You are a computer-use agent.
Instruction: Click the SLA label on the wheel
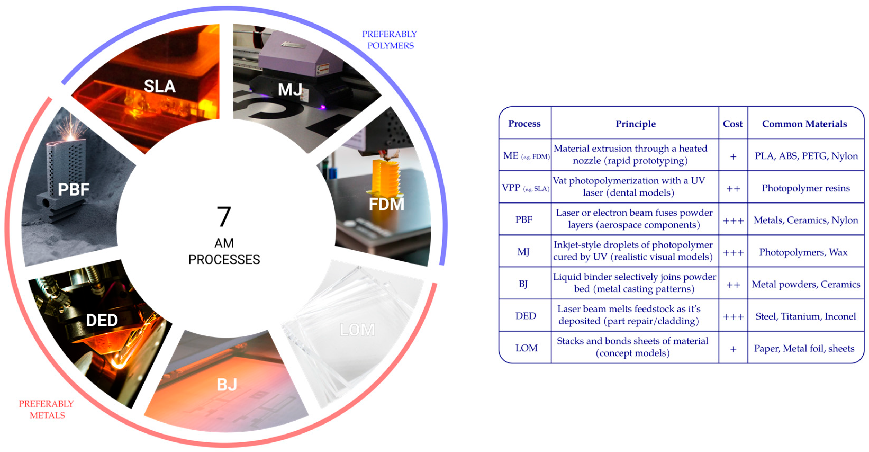160,86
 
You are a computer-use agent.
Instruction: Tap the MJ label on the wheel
290,90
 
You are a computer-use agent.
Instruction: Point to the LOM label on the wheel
357,330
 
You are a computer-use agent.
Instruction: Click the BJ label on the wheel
227,384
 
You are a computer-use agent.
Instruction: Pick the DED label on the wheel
102,320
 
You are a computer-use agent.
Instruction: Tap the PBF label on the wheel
74,190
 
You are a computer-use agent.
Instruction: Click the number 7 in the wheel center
224,217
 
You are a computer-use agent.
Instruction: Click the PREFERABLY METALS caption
47,409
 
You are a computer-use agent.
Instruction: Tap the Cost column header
732,124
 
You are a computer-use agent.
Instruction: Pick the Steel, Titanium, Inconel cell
805,316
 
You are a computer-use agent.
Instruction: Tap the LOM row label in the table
526,348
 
